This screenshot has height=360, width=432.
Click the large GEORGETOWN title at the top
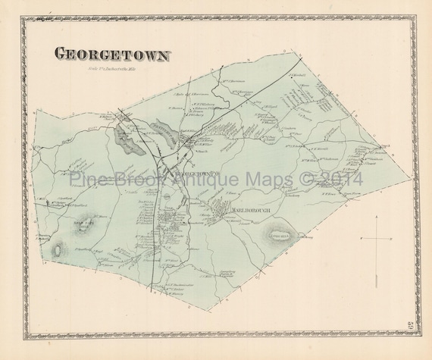[x=112, y=54]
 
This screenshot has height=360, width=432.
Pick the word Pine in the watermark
[x=86, y=180]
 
